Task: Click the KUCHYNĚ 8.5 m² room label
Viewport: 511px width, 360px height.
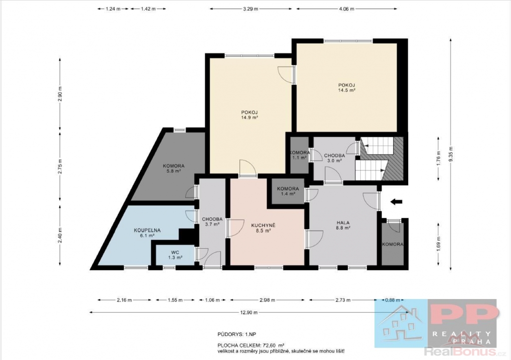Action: (x=263, y=228)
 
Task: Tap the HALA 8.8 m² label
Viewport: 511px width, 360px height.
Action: (x=343, y=226)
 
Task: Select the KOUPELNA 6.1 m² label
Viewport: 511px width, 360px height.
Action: (x=147, y=233)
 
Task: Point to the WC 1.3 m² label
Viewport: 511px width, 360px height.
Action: (x=175, y=255)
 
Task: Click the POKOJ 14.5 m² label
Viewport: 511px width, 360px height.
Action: (x=346, y=88)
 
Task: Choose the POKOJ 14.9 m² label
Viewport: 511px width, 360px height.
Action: (x=250, y=115)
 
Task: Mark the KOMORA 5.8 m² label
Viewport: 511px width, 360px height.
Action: (x=174, y=168)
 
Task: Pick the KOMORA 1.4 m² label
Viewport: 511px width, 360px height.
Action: (x=288, y=191)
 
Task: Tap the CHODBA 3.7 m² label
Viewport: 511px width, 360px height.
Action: (x=212, y=222)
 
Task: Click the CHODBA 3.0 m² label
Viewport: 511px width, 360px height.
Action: (x=334, y=158)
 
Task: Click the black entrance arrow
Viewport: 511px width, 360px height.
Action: (x=396, y=202)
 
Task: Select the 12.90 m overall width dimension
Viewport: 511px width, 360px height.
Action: (x=249, y=313)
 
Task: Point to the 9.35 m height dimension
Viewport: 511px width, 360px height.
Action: (x=451, y=154)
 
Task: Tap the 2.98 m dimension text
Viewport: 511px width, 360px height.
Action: (x=267, y=300)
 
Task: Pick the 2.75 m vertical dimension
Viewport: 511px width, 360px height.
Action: (x=60, y=166)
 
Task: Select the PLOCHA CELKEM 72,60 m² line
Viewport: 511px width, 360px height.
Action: (x=251, y=345)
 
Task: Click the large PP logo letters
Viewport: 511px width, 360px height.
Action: (x=464, y=316)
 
